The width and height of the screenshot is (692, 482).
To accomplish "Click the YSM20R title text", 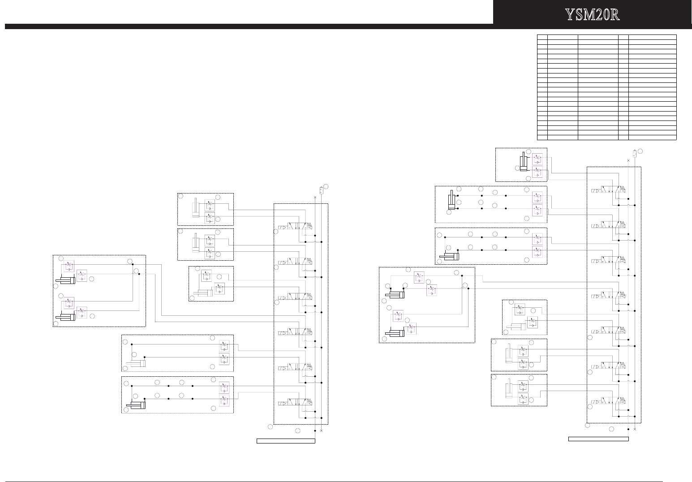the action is pos(592,15).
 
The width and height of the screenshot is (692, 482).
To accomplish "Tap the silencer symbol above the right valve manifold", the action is pos(635,153).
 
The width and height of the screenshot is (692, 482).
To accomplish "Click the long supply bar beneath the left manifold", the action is pos(286,441).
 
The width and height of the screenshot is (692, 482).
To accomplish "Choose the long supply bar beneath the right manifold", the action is pos(598,439).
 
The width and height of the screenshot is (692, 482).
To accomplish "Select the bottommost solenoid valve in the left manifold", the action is pos(295,403).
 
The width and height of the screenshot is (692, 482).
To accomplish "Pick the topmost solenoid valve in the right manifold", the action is pos(608,190).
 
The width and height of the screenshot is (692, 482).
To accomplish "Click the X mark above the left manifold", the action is pos(315,197).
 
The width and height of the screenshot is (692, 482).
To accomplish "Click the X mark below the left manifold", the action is pos(321,430).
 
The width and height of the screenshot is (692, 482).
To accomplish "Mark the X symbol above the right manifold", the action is pos(628,160).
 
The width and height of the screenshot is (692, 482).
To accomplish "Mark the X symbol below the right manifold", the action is pos(635,429).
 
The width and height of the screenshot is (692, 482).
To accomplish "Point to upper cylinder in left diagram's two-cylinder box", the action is pos(65,280).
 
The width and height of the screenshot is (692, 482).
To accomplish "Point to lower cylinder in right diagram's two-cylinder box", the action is pos(395,333).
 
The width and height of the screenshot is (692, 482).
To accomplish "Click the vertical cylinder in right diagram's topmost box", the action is pos(523,162).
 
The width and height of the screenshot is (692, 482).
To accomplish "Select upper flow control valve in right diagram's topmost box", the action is pos(537,159).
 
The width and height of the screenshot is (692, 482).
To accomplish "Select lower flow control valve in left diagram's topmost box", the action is pos(210,218).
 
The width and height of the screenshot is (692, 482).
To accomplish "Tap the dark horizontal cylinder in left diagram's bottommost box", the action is pos(136,405).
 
